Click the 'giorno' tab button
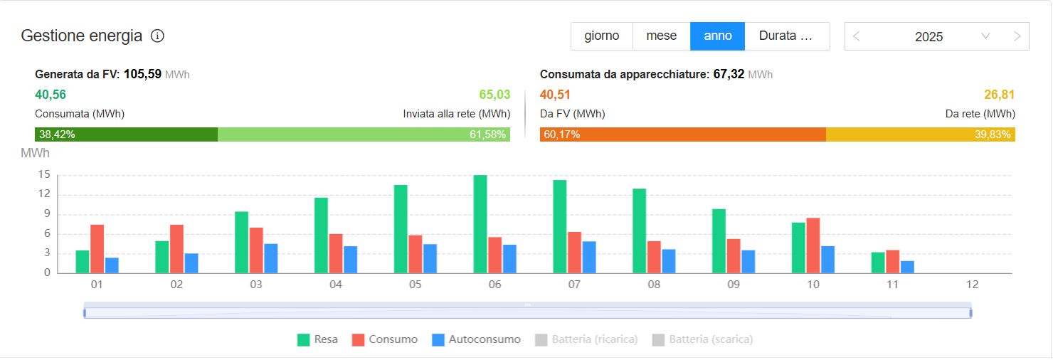(601, 36)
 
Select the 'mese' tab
(661, 36)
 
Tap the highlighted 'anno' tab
(717, 36)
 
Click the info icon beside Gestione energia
(158, 36)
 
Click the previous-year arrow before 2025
(856, 36)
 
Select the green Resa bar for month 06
(480, 224)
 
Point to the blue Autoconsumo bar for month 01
(112, 265)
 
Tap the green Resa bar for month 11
(878, 263)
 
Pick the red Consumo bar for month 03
(256, 250)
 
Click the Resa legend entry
(317, 339)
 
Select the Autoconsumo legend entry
(476, 339)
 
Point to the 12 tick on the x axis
(973, 285)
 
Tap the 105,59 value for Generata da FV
(142, 74)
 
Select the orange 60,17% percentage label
(561, 134)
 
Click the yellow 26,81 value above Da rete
(999, 95)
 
